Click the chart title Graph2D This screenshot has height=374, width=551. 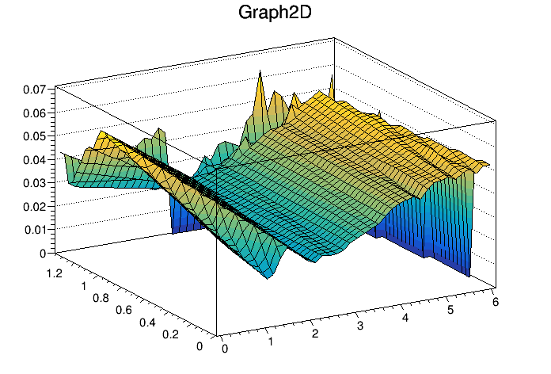[x=275, y=13]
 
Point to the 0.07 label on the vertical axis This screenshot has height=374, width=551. [x=33, y=90]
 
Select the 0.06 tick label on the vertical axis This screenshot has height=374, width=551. [x=33, y=113]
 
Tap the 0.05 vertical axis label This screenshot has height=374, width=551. [x=33, y=136]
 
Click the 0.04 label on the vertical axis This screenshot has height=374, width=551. [x=33, y=160]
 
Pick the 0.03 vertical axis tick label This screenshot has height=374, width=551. [x=33, y=183]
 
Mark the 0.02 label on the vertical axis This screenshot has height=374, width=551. [x=33, y=206]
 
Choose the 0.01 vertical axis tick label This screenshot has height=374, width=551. [x=33, y=230]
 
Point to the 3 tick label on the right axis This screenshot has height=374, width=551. [x=361, y=326]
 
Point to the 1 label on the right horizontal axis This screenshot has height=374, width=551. [x=271, y=342]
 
